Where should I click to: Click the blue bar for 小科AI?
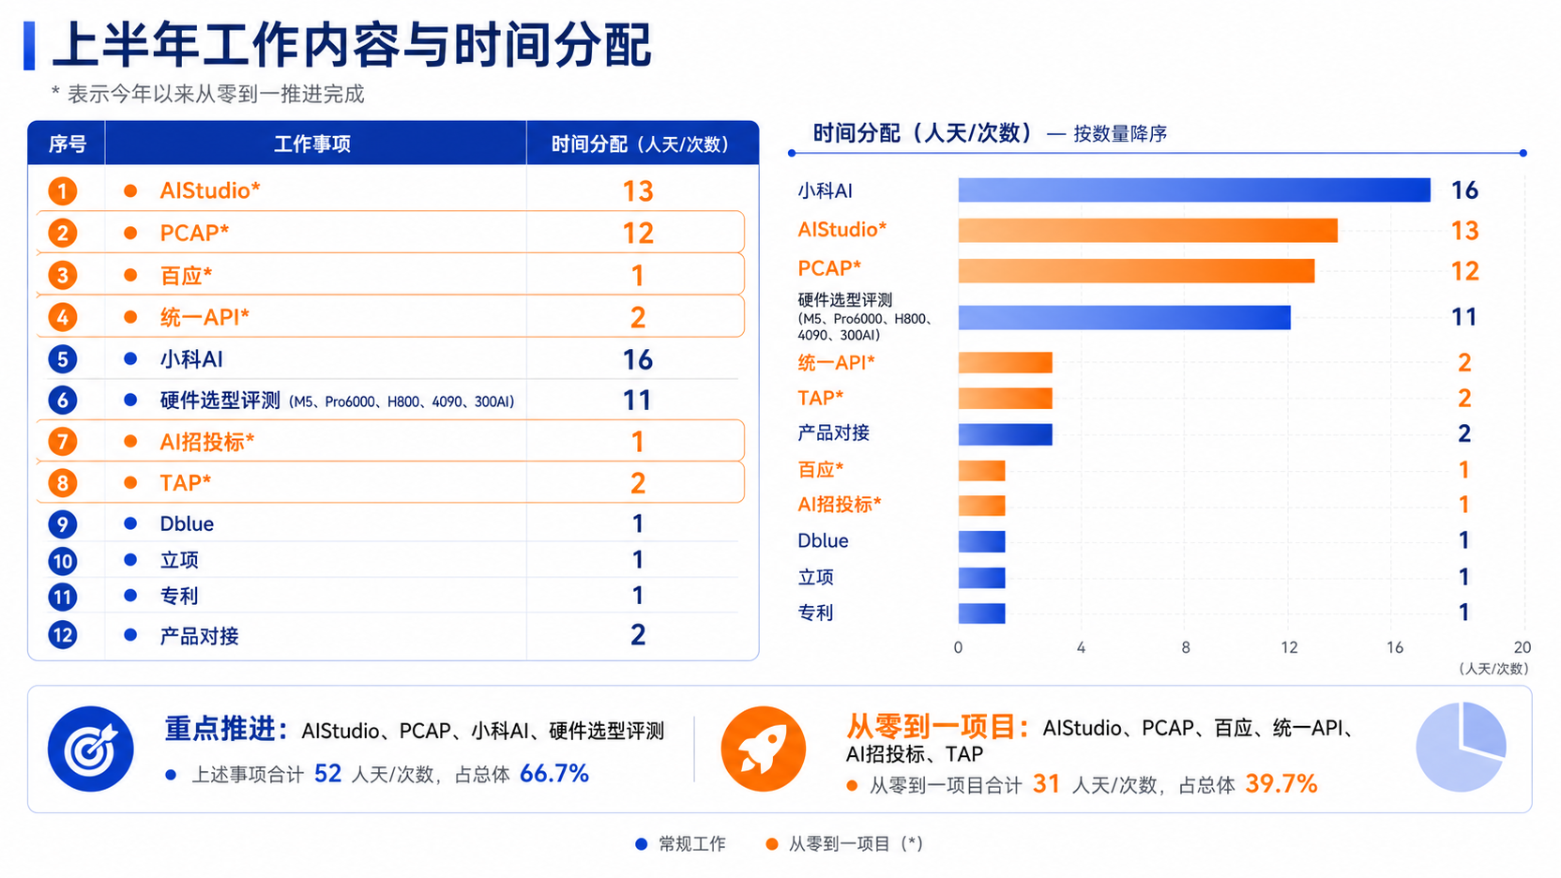tap(1194, 190)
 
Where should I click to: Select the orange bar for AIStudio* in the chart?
tap(1147, 231)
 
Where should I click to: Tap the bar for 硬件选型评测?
tap(1124, 318)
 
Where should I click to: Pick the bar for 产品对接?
tap(1005, 434)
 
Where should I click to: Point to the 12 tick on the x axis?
tap(1289, 647)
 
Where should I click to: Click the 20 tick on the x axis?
tap(1523, 647)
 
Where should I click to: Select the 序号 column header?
tap(68, 144)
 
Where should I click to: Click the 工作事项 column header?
tap(312, 144)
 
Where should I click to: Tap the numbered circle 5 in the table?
tap(63, 359)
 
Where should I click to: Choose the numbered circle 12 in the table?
tap(63, 635)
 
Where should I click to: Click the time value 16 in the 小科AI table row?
tap(638, 359)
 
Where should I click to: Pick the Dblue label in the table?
tap(187, 524)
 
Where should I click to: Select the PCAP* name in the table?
tap(194, 233)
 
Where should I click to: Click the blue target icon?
tap(91, 749)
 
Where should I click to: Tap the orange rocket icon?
tap(763, 749)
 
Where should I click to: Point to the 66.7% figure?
tap(554, 774)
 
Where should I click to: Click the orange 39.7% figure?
tap(1281, 784)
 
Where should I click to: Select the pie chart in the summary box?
tap(1461, 747)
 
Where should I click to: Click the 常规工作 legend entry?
tap(680, 844)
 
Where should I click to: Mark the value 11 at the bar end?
tap(1464, 318)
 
